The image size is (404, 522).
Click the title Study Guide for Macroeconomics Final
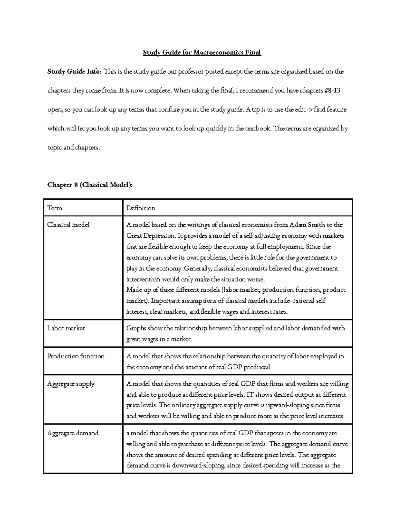(x=202, y=52)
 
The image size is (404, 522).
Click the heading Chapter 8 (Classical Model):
(x=90, y=185)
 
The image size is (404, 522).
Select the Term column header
(x=55, y=208)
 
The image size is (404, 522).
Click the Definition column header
(x=141, y=208)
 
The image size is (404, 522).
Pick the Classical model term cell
(x=68, y=225)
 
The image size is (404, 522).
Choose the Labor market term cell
(x=66, y=328)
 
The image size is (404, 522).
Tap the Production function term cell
(x=76, y=356)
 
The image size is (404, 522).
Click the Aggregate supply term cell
(x=71, y=384)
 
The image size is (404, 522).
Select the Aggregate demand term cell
(x=73, y=433)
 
